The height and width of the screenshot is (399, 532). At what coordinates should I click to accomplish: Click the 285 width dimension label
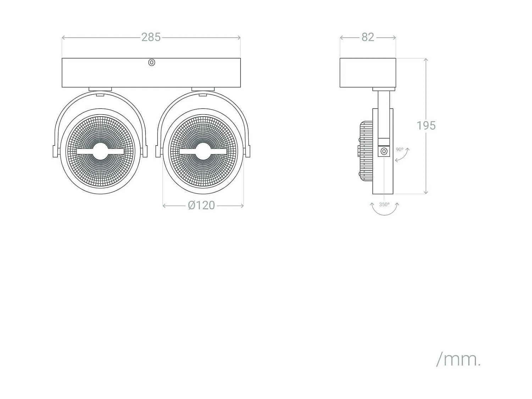point(151,37)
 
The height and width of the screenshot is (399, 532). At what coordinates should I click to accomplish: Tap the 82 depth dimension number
point(368,37)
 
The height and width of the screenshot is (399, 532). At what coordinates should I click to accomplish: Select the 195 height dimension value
point(426,126)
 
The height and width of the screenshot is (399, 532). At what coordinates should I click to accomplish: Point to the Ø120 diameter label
point(201,205)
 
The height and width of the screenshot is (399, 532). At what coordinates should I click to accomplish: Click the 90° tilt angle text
point(400,149)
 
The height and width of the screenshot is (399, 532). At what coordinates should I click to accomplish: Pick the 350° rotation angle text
point(384,205)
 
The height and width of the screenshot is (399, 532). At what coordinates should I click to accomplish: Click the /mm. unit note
point(458,360)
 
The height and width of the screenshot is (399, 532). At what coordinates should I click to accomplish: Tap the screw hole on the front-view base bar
point(151,62)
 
